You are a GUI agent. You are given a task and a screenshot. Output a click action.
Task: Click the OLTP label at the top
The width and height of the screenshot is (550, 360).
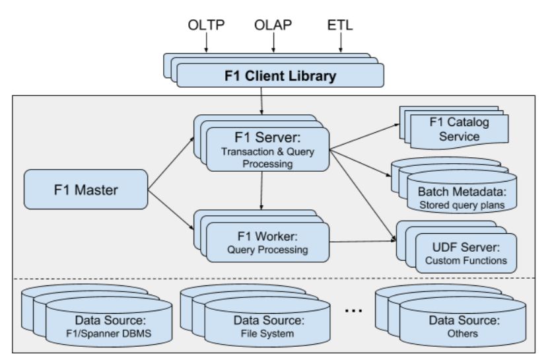[x=206, y=25]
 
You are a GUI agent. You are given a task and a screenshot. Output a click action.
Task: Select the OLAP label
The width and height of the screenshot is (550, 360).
[x=273, y=25]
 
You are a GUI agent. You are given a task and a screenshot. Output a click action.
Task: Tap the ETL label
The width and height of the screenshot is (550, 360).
[x=340, y=25]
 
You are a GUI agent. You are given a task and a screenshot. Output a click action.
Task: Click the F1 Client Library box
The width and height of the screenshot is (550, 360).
[x=280, y=75]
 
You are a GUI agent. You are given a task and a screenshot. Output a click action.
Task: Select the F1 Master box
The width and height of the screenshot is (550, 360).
[x=86, y=190]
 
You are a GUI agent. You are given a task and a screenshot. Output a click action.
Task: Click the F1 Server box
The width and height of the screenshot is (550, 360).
[x=267, y=149]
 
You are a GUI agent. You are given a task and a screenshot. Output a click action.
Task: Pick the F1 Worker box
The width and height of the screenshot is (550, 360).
[x=267, y=242]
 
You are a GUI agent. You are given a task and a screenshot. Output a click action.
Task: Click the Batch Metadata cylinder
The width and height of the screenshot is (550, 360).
[x=462, y=192]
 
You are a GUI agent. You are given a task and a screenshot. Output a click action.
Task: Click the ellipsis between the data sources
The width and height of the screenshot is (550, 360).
[x=354, y=310]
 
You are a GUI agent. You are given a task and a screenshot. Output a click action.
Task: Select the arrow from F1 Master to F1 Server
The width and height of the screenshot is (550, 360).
[x=171, y=164]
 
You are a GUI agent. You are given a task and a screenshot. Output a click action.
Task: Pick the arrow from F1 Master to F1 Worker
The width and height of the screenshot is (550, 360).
[x=171, y=210]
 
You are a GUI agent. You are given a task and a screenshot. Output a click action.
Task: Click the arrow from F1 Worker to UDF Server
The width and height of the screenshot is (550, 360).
[x=362, y=241]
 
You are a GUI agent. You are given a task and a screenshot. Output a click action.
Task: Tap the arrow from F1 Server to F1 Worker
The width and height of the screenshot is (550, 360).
[x=261, y=190]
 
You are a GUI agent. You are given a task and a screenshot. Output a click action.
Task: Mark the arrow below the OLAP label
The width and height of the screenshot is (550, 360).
[x=273, y=43]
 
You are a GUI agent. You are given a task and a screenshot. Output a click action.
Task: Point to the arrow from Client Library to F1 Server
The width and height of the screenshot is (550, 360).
[x=261, y=100]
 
